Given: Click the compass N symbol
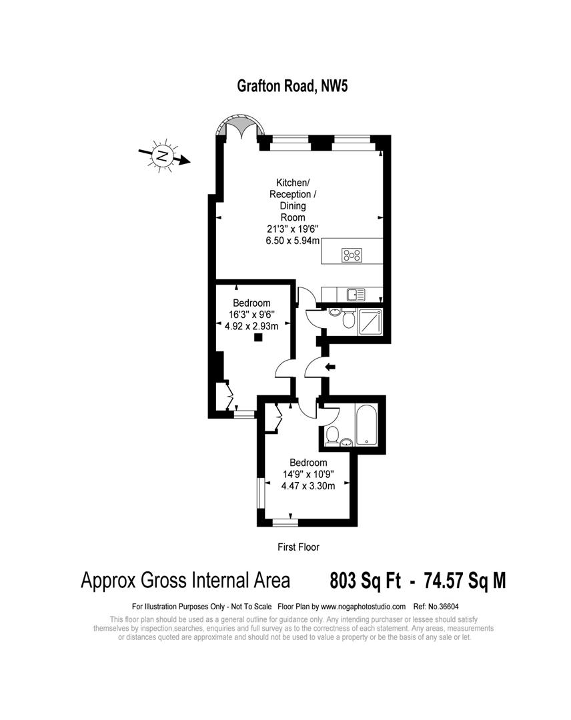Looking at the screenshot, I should click(161, 157).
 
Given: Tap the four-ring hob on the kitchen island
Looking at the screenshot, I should click(352, 254).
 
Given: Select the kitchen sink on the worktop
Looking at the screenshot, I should click(355, 293).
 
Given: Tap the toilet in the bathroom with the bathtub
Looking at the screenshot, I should click(332, 435).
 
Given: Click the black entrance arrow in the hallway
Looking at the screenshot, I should click(329, 366).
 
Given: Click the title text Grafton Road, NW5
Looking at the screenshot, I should click(293, 86).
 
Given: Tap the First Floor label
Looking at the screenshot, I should click(298, 547).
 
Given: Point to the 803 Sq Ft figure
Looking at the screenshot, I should click(365, 581).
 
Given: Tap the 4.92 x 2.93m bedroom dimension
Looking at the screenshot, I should click(252, 325).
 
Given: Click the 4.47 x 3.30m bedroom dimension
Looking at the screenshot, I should click(308, 485).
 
